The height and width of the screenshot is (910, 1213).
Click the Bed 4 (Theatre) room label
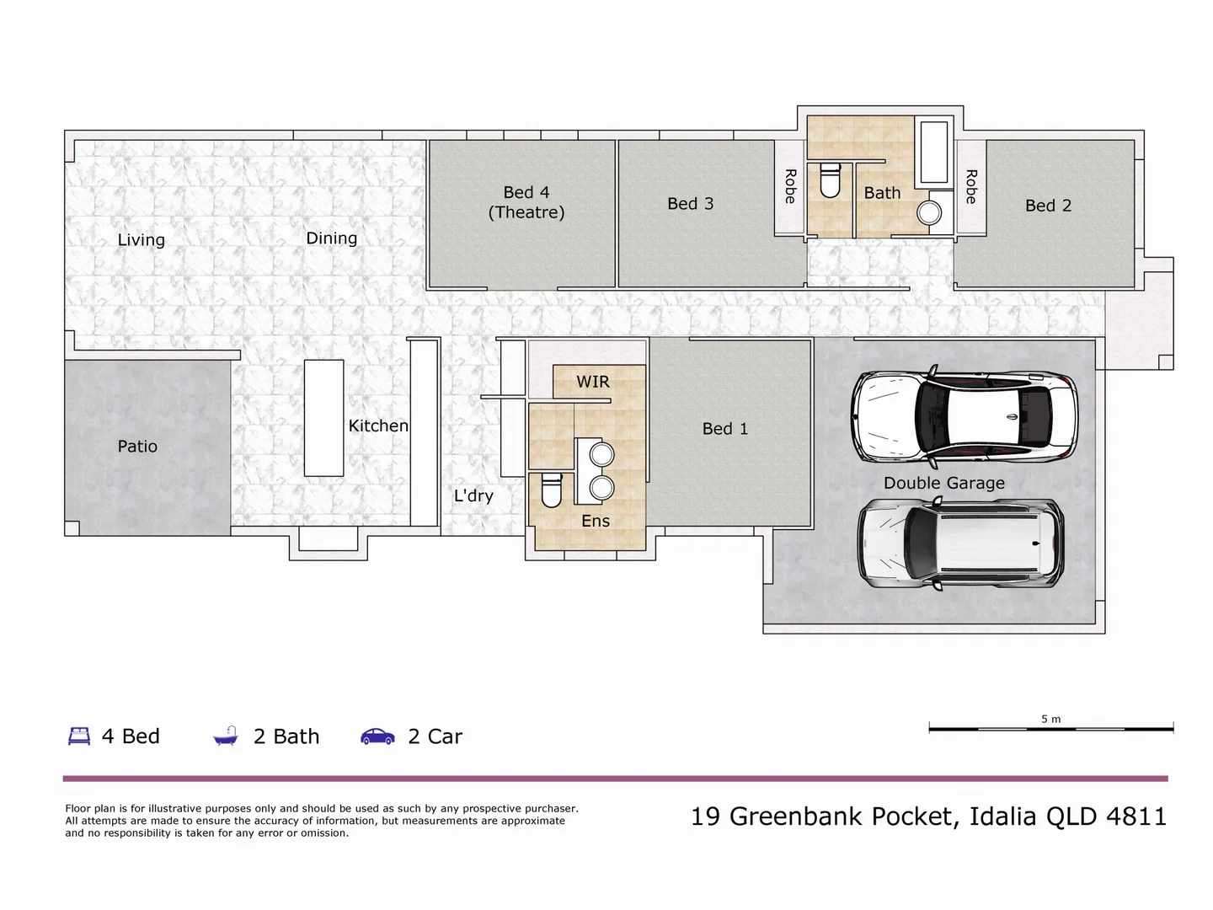click(526, 202)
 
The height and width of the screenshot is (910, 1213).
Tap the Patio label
click(137, 447)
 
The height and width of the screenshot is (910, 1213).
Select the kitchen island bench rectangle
click(323, 418)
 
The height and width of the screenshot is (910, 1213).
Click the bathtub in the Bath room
click(933, 153)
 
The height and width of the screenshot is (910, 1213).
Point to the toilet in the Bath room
click(830, 180)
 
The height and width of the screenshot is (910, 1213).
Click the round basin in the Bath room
click(929, 212)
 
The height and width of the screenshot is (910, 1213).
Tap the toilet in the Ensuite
click(551, 490)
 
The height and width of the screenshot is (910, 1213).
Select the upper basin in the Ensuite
click(601, 455)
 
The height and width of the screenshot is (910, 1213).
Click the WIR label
click(593, 382)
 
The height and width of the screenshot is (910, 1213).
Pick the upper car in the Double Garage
click(964, 417)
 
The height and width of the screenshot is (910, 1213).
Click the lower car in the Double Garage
click(960, 544)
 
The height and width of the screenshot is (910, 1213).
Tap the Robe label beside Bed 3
click(790, 186)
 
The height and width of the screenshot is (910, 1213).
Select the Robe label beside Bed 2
click(971, 186)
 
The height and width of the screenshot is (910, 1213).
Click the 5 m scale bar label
click(1050, 719)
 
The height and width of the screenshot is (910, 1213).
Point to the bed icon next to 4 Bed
click(79, 736)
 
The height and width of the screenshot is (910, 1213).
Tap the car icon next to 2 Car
click(377, 736)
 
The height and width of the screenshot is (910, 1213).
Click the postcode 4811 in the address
click(1136, 816)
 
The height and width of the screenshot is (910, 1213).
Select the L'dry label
click(473, 495)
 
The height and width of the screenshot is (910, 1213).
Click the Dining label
click(331, 238)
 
